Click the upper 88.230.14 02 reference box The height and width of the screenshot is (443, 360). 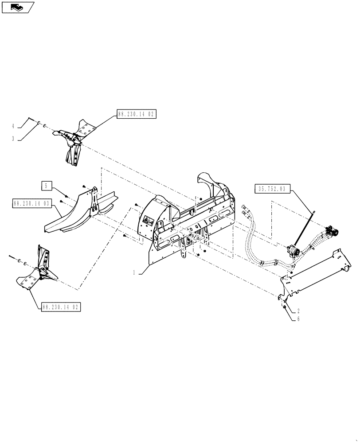pyautogui.click(x=137, y=114)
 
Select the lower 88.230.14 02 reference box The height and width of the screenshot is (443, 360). pyautogui.click(x=62, y=307)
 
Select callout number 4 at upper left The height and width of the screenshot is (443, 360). pyautogui.click(x=14, y=126)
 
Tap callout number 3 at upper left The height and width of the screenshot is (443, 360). pyautogui.click(x=14, y=138)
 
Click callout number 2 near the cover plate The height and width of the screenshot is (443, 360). pyautogui.click(x=299, y=311)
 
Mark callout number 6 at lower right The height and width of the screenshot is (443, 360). pyautogui.click(x=299, y=319)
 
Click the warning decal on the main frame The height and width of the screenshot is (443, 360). pyautogui.click(x=147, y=220)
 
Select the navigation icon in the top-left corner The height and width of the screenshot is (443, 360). pyautogui.click(x=18, y=7)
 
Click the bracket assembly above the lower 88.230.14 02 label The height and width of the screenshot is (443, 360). pyautogui.click(x=40, y=270)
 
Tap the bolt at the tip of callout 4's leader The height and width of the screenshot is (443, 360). pyautogui.click(x=30, y=119)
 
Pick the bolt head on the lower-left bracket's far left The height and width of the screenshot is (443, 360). pyautogui.click(x=11, y=256)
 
